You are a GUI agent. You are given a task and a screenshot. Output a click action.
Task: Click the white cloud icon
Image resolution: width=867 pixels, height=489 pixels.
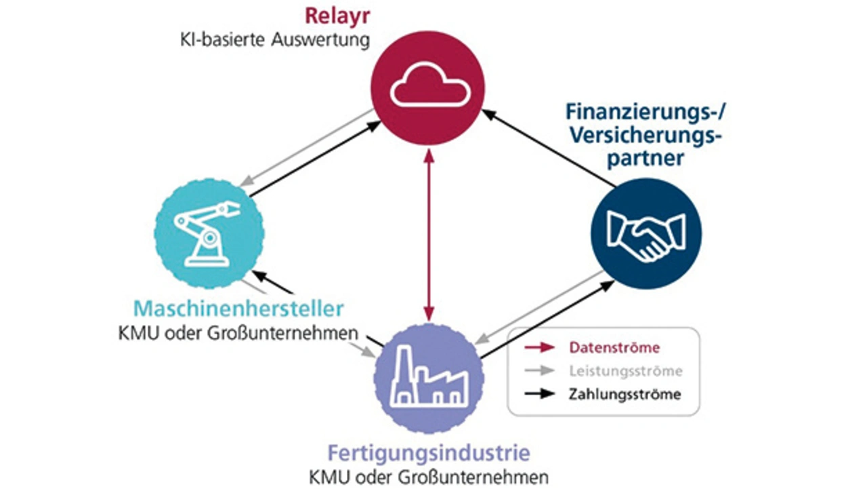pyautogui.click(x=430, y=85)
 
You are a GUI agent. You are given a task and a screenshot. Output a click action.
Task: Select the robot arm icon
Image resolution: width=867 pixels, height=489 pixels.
pyautogui.click(x=207, y=234)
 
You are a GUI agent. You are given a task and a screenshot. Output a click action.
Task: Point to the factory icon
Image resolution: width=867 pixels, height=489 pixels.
pyautogui.click(x=429, y=376)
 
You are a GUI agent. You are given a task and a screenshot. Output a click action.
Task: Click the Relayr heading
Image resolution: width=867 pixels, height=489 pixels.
pyautogui.click(x=337, y=16)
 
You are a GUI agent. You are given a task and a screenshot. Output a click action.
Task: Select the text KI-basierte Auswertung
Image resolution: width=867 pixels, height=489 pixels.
pyautogui.click(x=275, y=40)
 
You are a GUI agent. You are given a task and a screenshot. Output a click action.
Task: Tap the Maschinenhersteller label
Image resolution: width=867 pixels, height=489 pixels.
pyautogui.click(x=238, y=309)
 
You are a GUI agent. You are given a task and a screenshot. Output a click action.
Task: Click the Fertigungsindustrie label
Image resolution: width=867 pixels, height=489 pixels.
pyautogui.click(x=429, y=453)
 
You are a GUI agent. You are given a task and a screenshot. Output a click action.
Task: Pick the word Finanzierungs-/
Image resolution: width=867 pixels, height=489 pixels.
pyautogui.click(x=646, y=112)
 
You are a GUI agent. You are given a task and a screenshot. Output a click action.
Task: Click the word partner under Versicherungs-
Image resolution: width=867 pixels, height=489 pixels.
pyautogui.click(x=646, y=159)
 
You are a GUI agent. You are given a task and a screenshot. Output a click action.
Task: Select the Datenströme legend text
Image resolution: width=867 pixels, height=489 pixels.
pyautogui.click(x=614, y=347)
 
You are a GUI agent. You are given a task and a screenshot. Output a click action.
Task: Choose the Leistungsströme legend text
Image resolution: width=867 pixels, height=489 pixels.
pyautogui.click(x=625, y=371)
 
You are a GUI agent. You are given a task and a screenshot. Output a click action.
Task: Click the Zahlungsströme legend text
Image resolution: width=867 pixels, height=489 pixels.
pyautogui.click(x=625, y=395)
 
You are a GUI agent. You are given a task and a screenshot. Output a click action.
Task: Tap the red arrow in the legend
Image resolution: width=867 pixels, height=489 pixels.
pyautogui.click(x=540, y=347)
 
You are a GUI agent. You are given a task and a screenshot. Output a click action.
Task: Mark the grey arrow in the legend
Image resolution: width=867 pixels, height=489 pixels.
pyautogui.click(x=540, y=370)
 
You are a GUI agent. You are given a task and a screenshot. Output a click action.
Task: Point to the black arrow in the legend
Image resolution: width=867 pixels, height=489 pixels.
pyautogui.click(x=540, y=394)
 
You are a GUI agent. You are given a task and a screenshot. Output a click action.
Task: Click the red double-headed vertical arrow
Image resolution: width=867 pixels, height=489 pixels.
pyautogui.click(x=429, y=235)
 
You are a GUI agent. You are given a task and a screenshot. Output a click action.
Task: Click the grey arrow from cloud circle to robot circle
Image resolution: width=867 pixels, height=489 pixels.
pyautogui.click(x=307, y=147)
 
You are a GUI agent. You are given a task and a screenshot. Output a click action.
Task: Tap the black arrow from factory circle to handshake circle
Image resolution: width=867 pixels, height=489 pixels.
pyautogui.click(x=547, y=319)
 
